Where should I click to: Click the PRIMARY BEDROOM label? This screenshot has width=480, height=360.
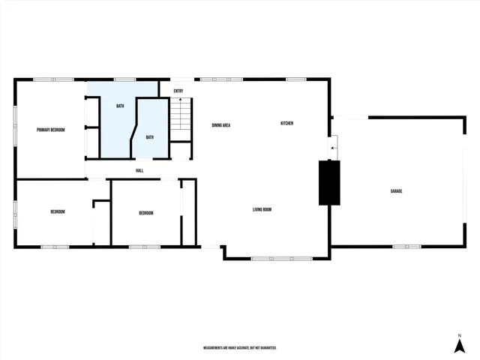click(51, 130)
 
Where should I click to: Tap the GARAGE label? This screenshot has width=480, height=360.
click(396, 191)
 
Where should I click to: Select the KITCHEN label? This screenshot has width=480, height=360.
click(286, 123)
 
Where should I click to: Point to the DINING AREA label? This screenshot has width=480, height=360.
click(220, 125)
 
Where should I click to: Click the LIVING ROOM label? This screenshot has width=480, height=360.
click(262, 210)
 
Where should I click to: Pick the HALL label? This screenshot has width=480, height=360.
click(139, 170)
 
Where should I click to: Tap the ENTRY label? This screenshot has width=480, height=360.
click(178, 91)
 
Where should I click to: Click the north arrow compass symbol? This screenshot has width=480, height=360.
click(459, 344)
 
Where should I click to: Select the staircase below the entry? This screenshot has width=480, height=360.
click(180, 119)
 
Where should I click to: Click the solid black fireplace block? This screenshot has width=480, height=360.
click(329, 182)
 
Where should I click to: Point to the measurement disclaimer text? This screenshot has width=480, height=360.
click(240, 348)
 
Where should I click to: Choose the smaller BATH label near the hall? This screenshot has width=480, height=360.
click(149, 137)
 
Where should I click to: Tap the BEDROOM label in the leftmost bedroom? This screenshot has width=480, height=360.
click(58, 211)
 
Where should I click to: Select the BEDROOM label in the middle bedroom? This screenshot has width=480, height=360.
click(146, 214)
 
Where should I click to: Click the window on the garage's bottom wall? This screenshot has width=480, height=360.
click(401, 246)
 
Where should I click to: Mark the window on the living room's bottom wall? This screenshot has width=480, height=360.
click(281, 259)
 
